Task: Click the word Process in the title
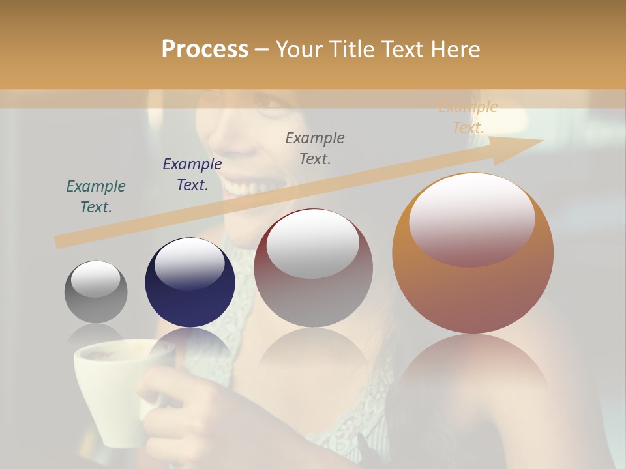click(x=205, y=49)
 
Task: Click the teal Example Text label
click(x=96, y=197)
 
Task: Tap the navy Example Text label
click(x=192, y=175)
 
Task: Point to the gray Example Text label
click(x=315, y=149)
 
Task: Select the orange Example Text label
click(x=468, y=117)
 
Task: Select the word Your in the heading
click(x=299, y=49)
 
